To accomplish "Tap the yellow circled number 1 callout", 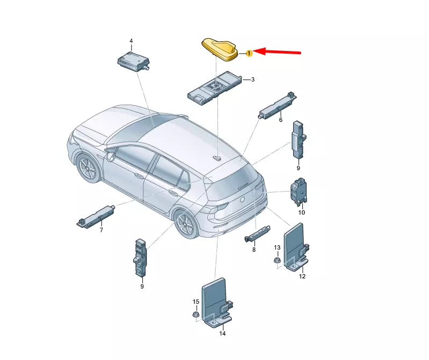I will pos(249,53).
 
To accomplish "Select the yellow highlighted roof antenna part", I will pos(221,50).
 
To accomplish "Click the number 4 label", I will pos(130,41).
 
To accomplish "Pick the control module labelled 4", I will pos(133,60).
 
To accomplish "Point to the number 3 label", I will pos(253,80).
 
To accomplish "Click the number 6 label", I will pos(280,120).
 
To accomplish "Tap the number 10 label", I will pos(301,212).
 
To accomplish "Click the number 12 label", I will pos(302,276).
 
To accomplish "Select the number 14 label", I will pos(222,334).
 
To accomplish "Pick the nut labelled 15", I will pos(196,314).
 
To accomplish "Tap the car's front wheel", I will pos(88,168).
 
